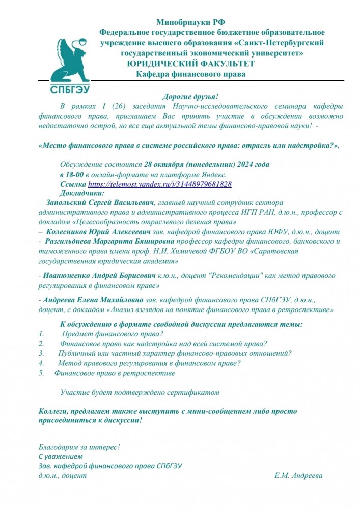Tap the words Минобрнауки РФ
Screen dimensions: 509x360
click(191, 22)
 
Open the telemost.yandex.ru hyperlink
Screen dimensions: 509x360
click(160, 184)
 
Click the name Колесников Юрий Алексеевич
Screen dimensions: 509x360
click(97, 231)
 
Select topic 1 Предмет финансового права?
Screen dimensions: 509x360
click(112, 334)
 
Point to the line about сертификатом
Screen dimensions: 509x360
click(140, 392)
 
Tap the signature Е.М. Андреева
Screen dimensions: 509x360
click(298, 475)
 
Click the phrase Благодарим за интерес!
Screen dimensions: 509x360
click(79, 447)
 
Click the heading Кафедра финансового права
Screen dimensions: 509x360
click(190, 74)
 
